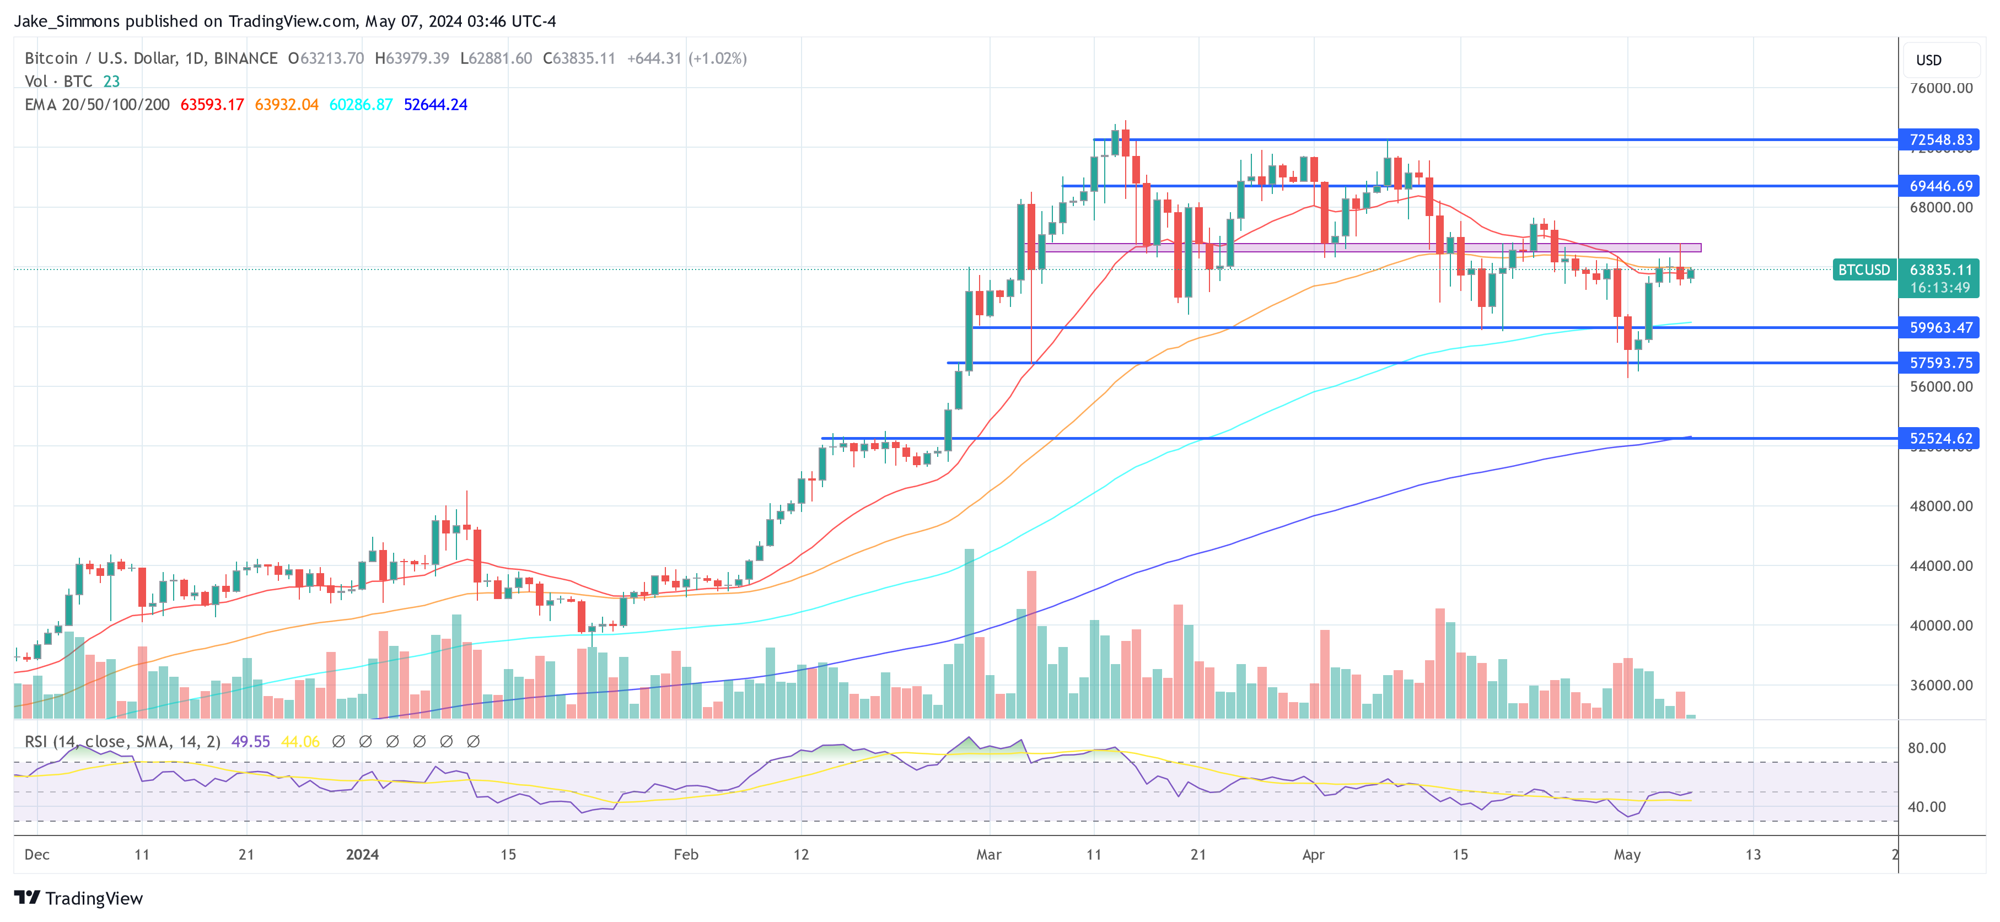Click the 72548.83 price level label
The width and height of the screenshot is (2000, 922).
1939,139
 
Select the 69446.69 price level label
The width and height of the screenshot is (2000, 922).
1939,186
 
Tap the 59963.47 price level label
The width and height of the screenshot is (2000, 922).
1939,327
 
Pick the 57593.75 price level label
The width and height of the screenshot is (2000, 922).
1939,363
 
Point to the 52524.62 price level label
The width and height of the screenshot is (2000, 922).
1939,439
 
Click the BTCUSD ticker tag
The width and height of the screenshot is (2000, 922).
1863,270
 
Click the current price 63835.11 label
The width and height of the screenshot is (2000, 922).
1939,270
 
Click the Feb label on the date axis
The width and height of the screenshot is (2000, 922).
686,854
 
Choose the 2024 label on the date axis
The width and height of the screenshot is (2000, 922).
362,854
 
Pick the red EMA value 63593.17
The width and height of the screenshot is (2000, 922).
212,105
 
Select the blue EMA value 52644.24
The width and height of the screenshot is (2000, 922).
436,105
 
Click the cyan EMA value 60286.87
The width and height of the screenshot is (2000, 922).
361,105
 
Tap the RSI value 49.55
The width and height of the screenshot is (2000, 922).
251,742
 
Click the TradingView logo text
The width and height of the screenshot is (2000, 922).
94,899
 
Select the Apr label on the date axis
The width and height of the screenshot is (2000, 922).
1313,854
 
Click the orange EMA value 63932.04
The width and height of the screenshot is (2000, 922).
287,105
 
